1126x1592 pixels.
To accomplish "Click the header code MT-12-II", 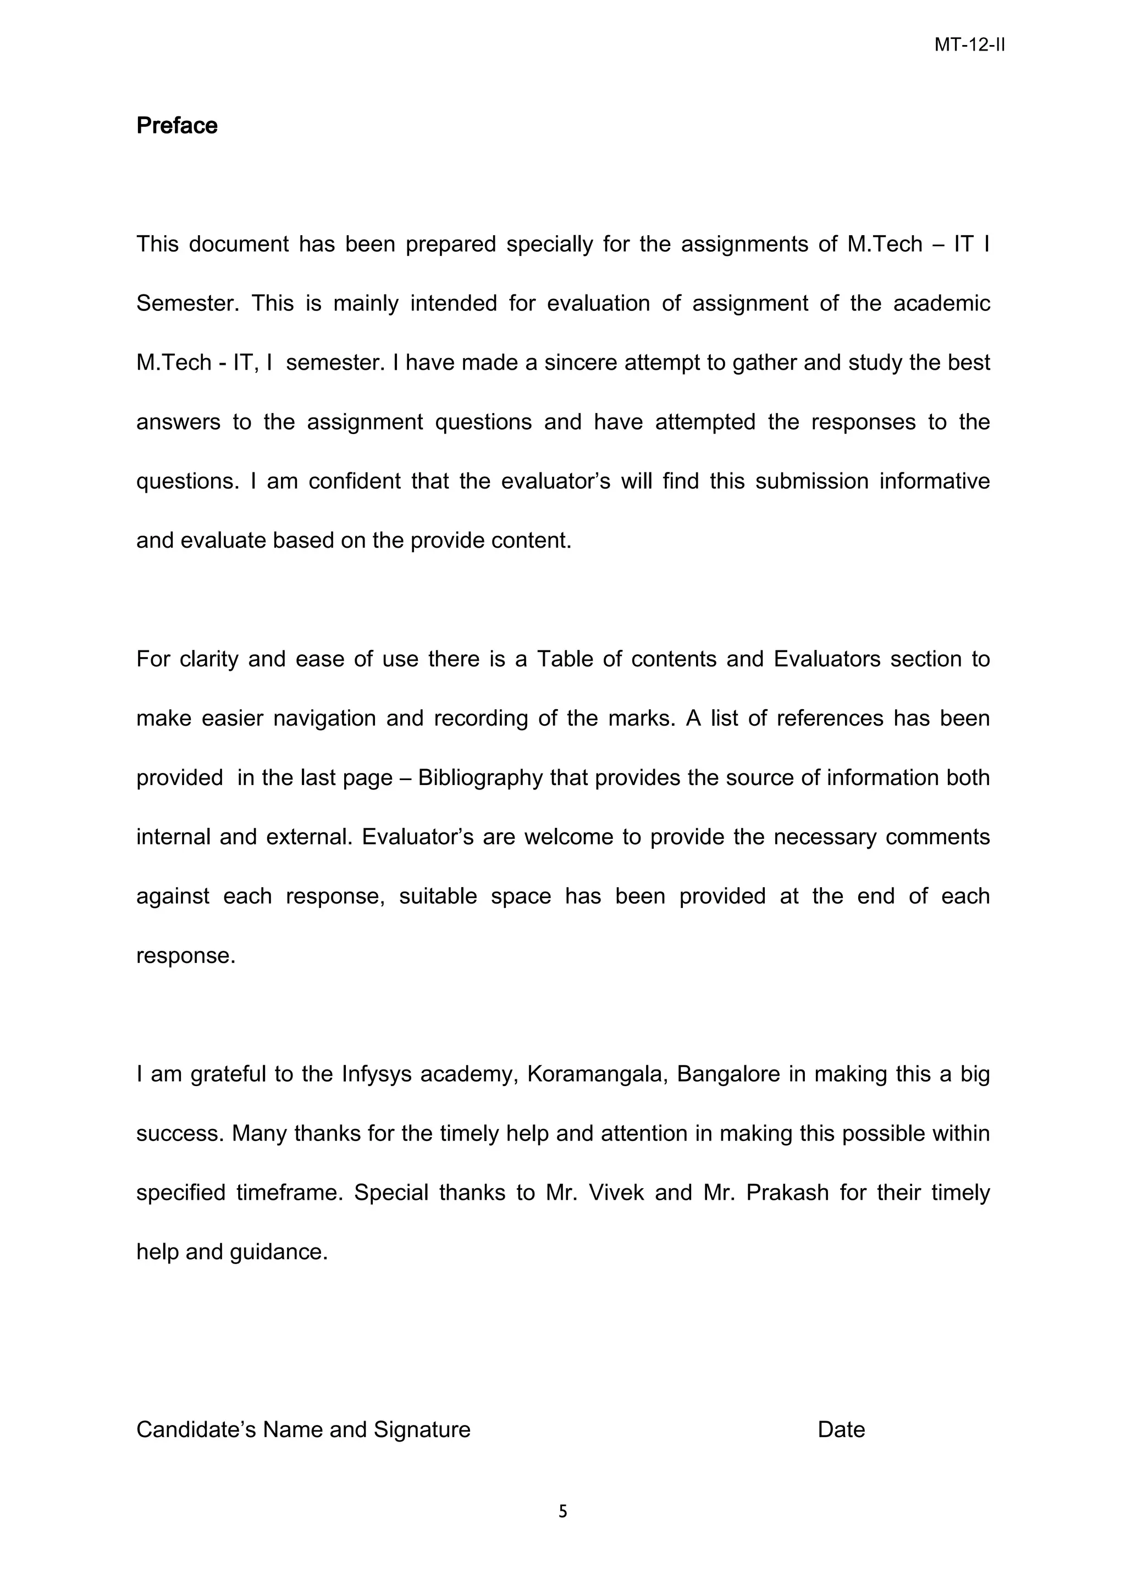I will pos(969,45).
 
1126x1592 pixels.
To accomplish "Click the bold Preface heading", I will pos(177,125).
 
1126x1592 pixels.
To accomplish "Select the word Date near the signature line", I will pos(841,1429).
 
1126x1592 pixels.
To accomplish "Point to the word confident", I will pos(355,481).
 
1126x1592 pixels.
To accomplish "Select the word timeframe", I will pos(289,1192).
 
